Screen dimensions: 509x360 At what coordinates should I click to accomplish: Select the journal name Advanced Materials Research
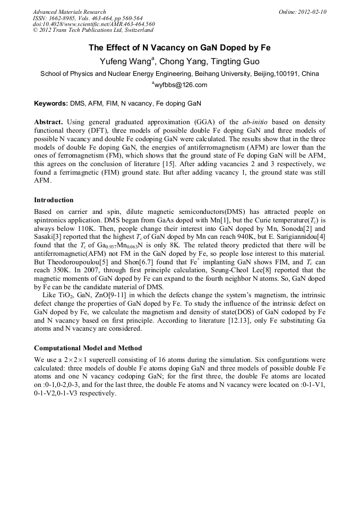[70, 12]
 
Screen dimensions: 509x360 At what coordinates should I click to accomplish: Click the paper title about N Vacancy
[179, 48]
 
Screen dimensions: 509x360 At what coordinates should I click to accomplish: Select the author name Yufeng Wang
[125, 62]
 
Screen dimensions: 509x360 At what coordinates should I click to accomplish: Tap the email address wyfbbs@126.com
[181, 85]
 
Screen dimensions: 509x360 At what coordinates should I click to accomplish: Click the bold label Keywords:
[51, 103]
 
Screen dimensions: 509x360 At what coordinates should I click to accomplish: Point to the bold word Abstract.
[50, 122]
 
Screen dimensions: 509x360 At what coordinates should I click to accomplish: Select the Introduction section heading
[54, 200]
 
